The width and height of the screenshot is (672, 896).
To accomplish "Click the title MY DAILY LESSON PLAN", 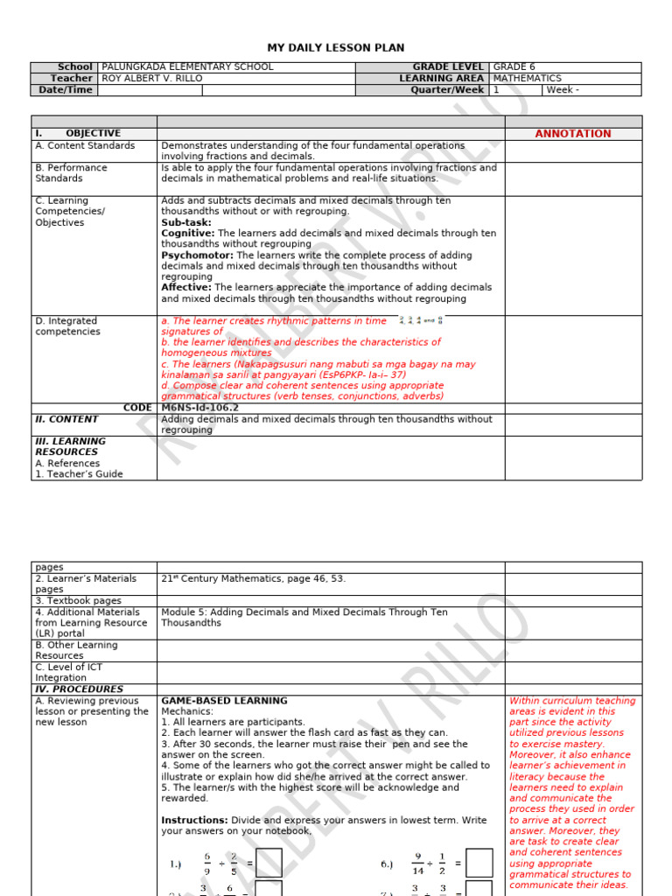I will pyautogui.click(x=336, y=48).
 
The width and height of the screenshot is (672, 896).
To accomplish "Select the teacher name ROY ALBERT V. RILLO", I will pyautogui.click(x=152, y=79).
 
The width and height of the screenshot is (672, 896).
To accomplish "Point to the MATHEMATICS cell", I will pyautogui.click(x=528, y=79).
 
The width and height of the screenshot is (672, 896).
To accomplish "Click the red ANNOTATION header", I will pyautogui.click(x=573, y=134).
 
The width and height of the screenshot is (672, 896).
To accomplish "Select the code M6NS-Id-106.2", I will pyautogui.click(x=199, y=408).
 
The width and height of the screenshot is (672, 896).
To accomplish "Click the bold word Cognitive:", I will pyautogui.click(x=187, y=234).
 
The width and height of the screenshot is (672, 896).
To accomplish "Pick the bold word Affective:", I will pyautogui.click(x=186, y=288).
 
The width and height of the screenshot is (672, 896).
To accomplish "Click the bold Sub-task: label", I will pyautogui.click(x=186, y=223).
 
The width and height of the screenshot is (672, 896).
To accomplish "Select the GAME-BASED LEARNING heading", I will pyautogui.click(x=224, y=701).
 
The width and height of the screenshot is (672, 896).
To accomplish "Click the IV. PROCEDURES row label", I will pyautogui.click(x=79, y=689).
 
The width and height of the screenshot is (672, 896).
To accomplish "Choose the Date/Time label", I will pyautogui.click(x=66, y=90).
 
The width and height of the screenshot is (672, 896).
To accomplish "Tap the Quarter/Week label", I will pyautogui.click(x=447, y=90).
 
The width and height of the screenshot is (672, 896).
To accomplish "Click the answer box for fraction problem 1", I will pyautogui.click(x=269, y=864).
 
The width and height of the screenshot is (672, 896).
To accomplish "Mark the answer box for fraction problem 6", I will pyautogui.click(x=479, y=864).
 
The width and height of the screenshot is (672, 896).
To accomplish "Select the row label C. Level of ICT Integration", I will pyautogui.click(x=73, y=672).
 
